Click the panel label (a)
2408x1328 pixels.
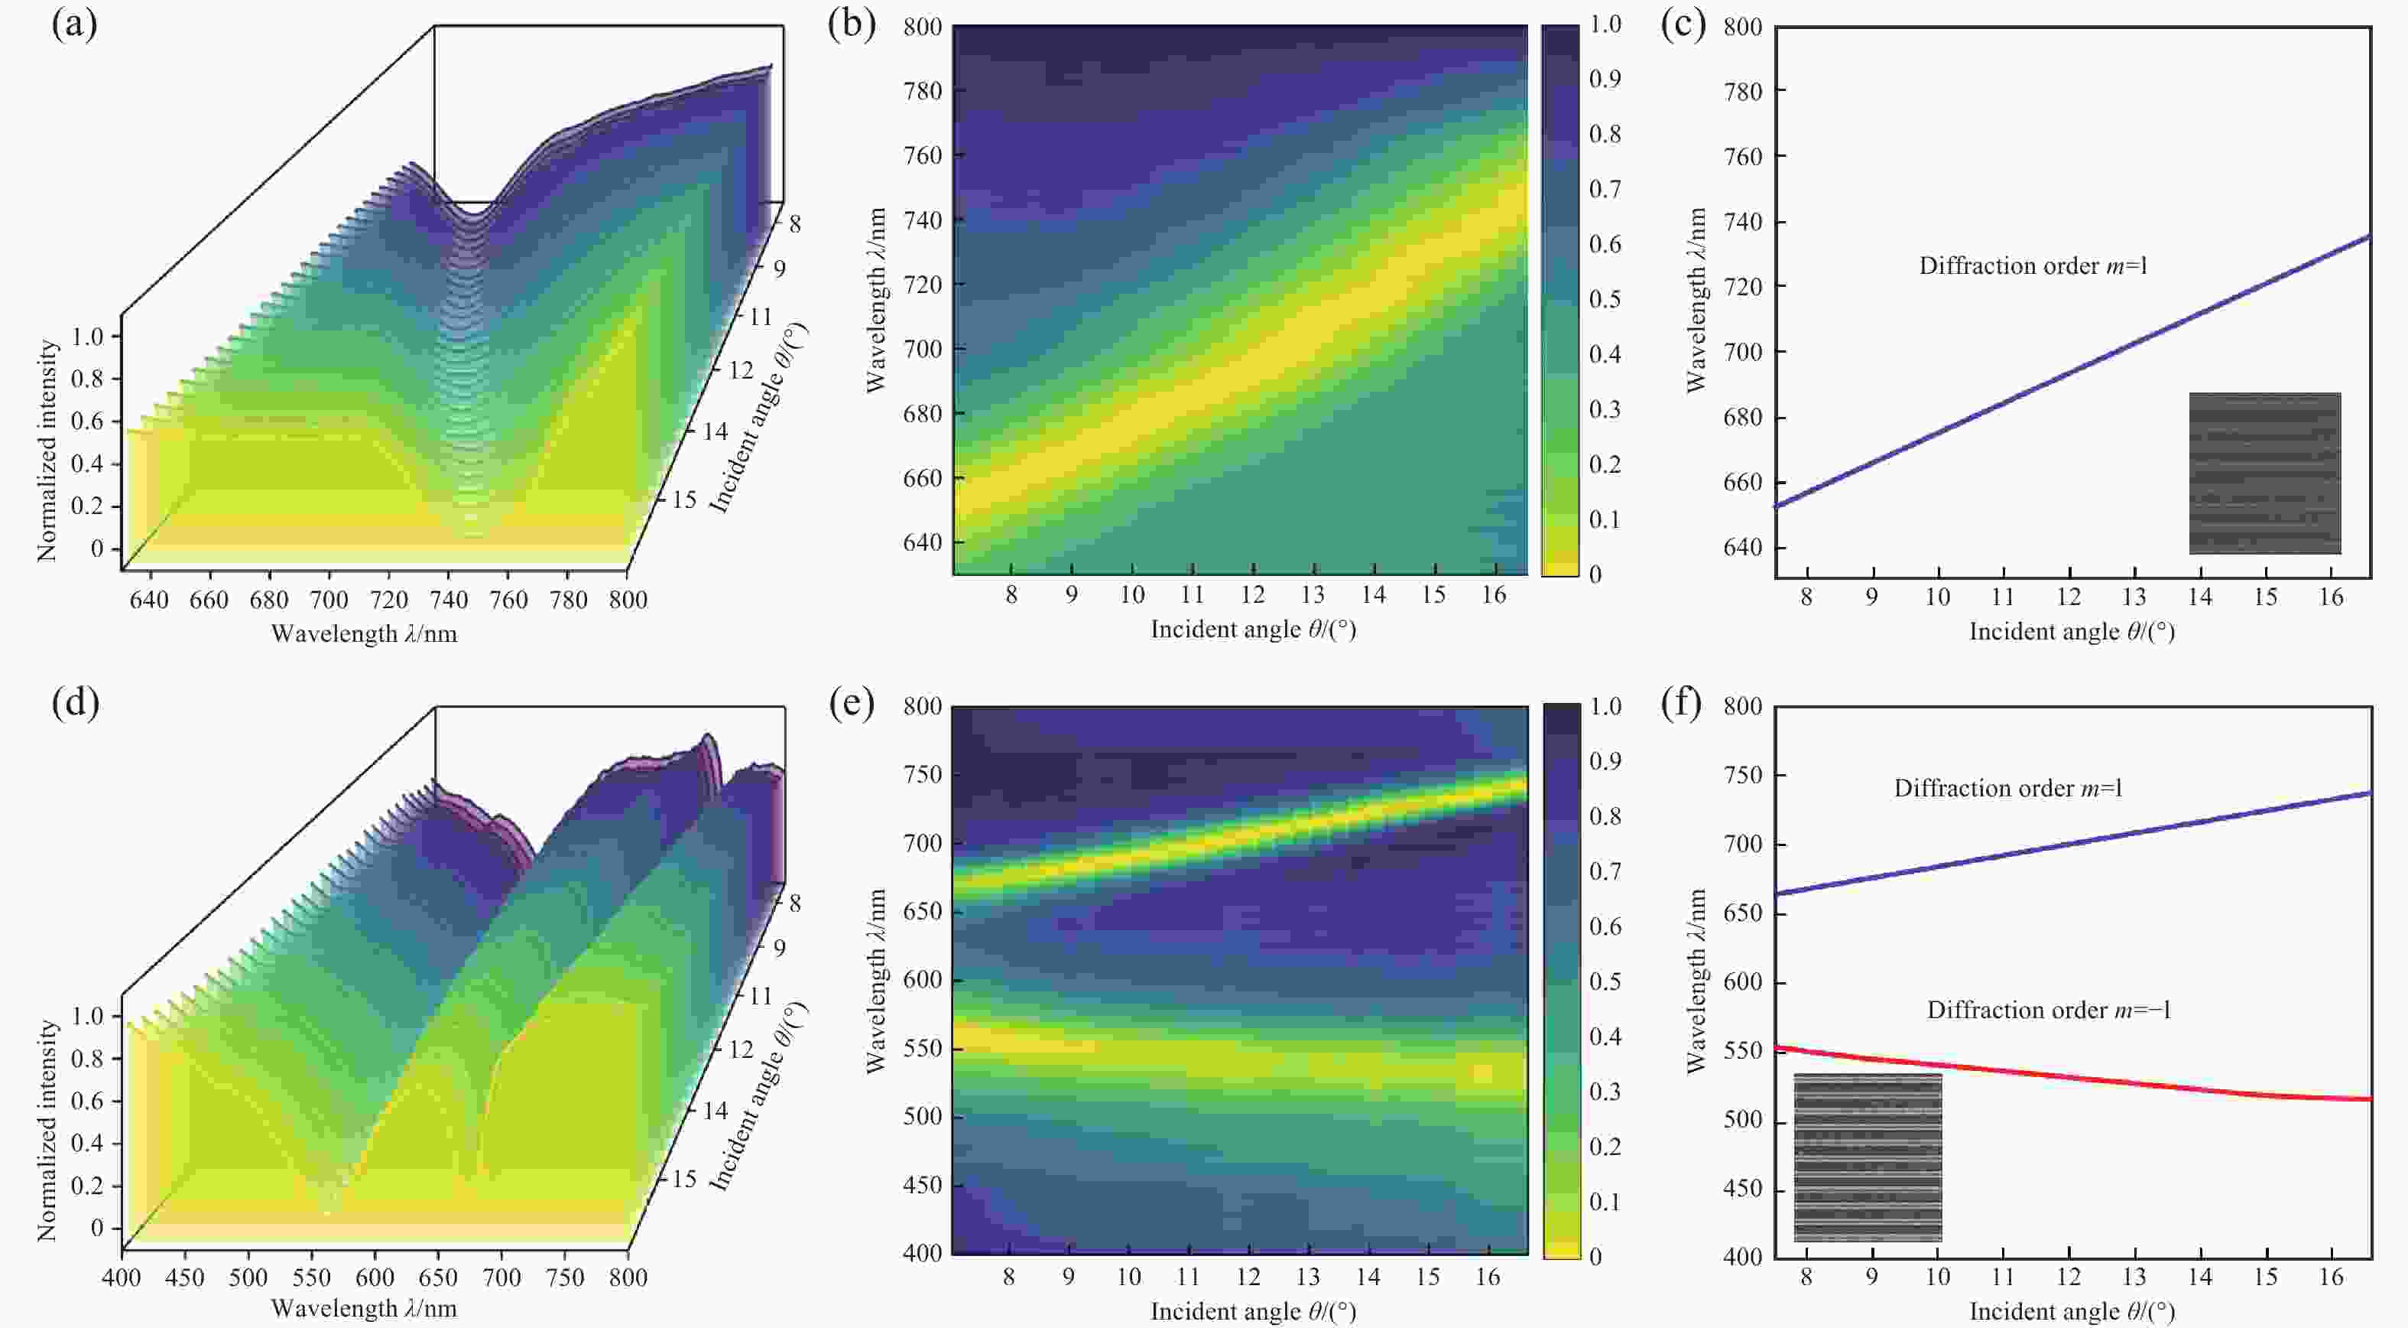(x=75, y=25)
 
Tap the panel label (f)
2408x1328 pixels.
(x=1682, y=703)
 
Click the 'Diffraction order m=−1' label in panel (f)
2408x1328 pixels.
(x=2048, y=1010)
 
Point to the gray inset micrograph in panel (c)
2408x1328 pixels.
(x=2264, y=474)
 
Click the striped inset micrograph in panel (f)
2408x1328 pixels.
(x=1868, y=1157)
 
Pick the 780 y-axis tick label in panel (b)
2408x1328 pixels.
(x=922, y=92)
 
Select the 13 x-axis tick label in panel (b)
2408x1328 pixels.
(x=1313, y=595)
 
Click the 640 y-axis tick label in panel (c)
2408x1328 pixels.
(x=1742, y=548)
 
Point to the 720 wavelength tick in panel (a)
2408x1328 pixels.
(x=389, y=601)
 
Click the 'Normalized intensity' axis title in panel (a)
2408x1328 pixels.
(x=47, y=451)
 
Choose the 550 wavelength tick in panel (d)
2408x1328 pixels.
(x=311, y=1278)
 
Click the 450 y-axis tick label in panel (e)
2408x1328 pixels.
(x=922, y=1185)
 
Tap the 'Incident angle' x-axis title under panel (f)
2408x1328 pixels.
(x=2072, y=1312)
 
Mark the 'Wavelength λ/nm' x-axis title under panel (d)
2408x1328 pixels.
(x=364, y=1308)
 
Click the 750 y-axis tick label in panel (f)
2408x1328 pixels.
(x=1742, y=775)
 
